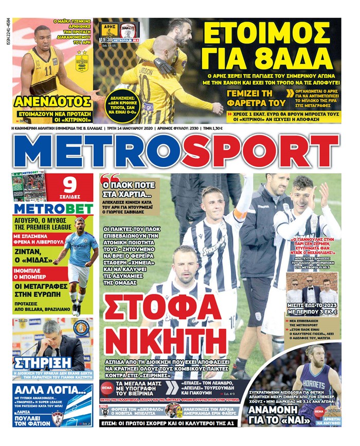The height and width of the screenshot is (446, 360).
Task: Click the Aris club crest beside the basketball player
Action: [82, 62]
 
